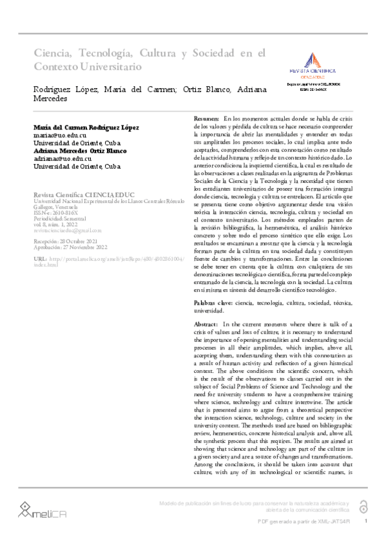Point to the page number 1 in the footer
point(366,521)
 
